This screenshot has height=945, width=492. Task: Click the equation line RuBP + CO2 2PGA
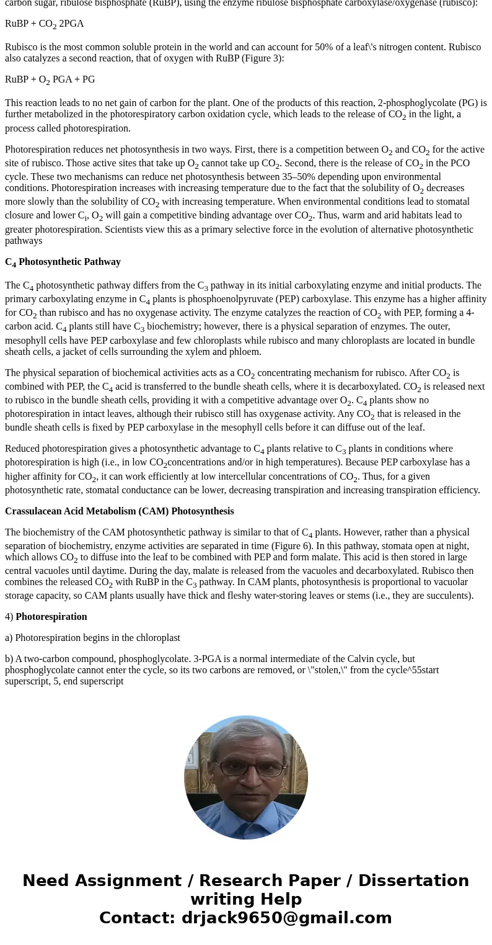coord(44,24)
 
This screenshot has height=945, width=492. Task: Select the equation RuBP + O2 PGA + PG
coord(50,80)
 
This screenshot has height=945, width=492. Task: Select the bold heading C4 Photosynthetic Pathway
coord(63,262)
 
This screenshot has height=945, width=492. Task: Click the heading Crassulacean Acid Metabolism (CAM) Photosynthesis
coord(119,511)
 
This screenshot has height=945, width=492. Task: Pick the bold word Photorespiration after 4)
coord(51,617)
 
